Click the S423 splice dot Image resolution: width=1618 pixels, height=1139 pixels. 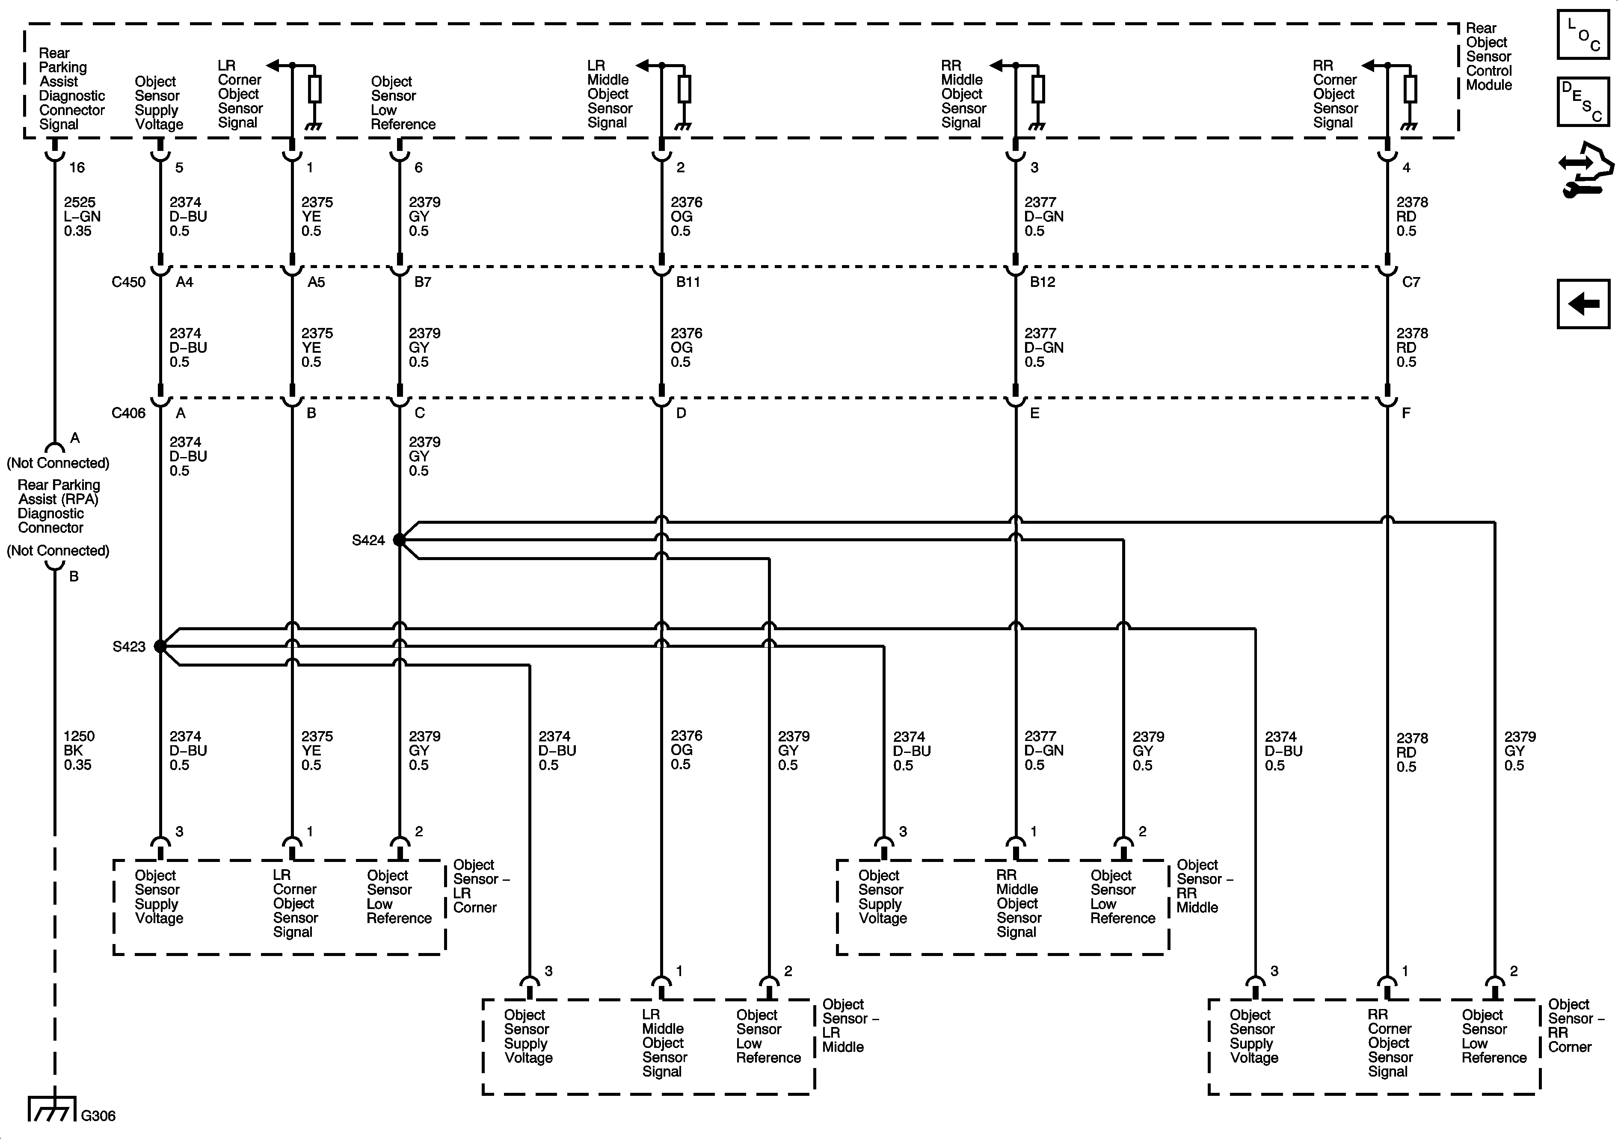point(160,646)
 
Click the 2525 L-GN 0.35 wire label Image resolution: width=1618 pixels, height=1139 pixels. point(81,216)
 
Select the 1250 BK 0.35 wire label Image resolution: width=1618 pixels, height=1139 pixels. point(78,750)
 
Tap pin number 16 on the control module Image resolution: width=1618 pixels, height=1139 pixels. point(77,168)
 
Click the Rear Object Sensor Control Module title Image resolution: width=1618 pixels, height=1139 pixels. point(1488,56)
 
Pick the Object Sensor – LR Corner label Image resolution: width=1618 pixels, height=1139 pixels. point(480,886)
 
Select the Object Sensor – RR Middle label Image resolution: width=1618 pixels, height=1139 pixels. point(1203,886)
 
